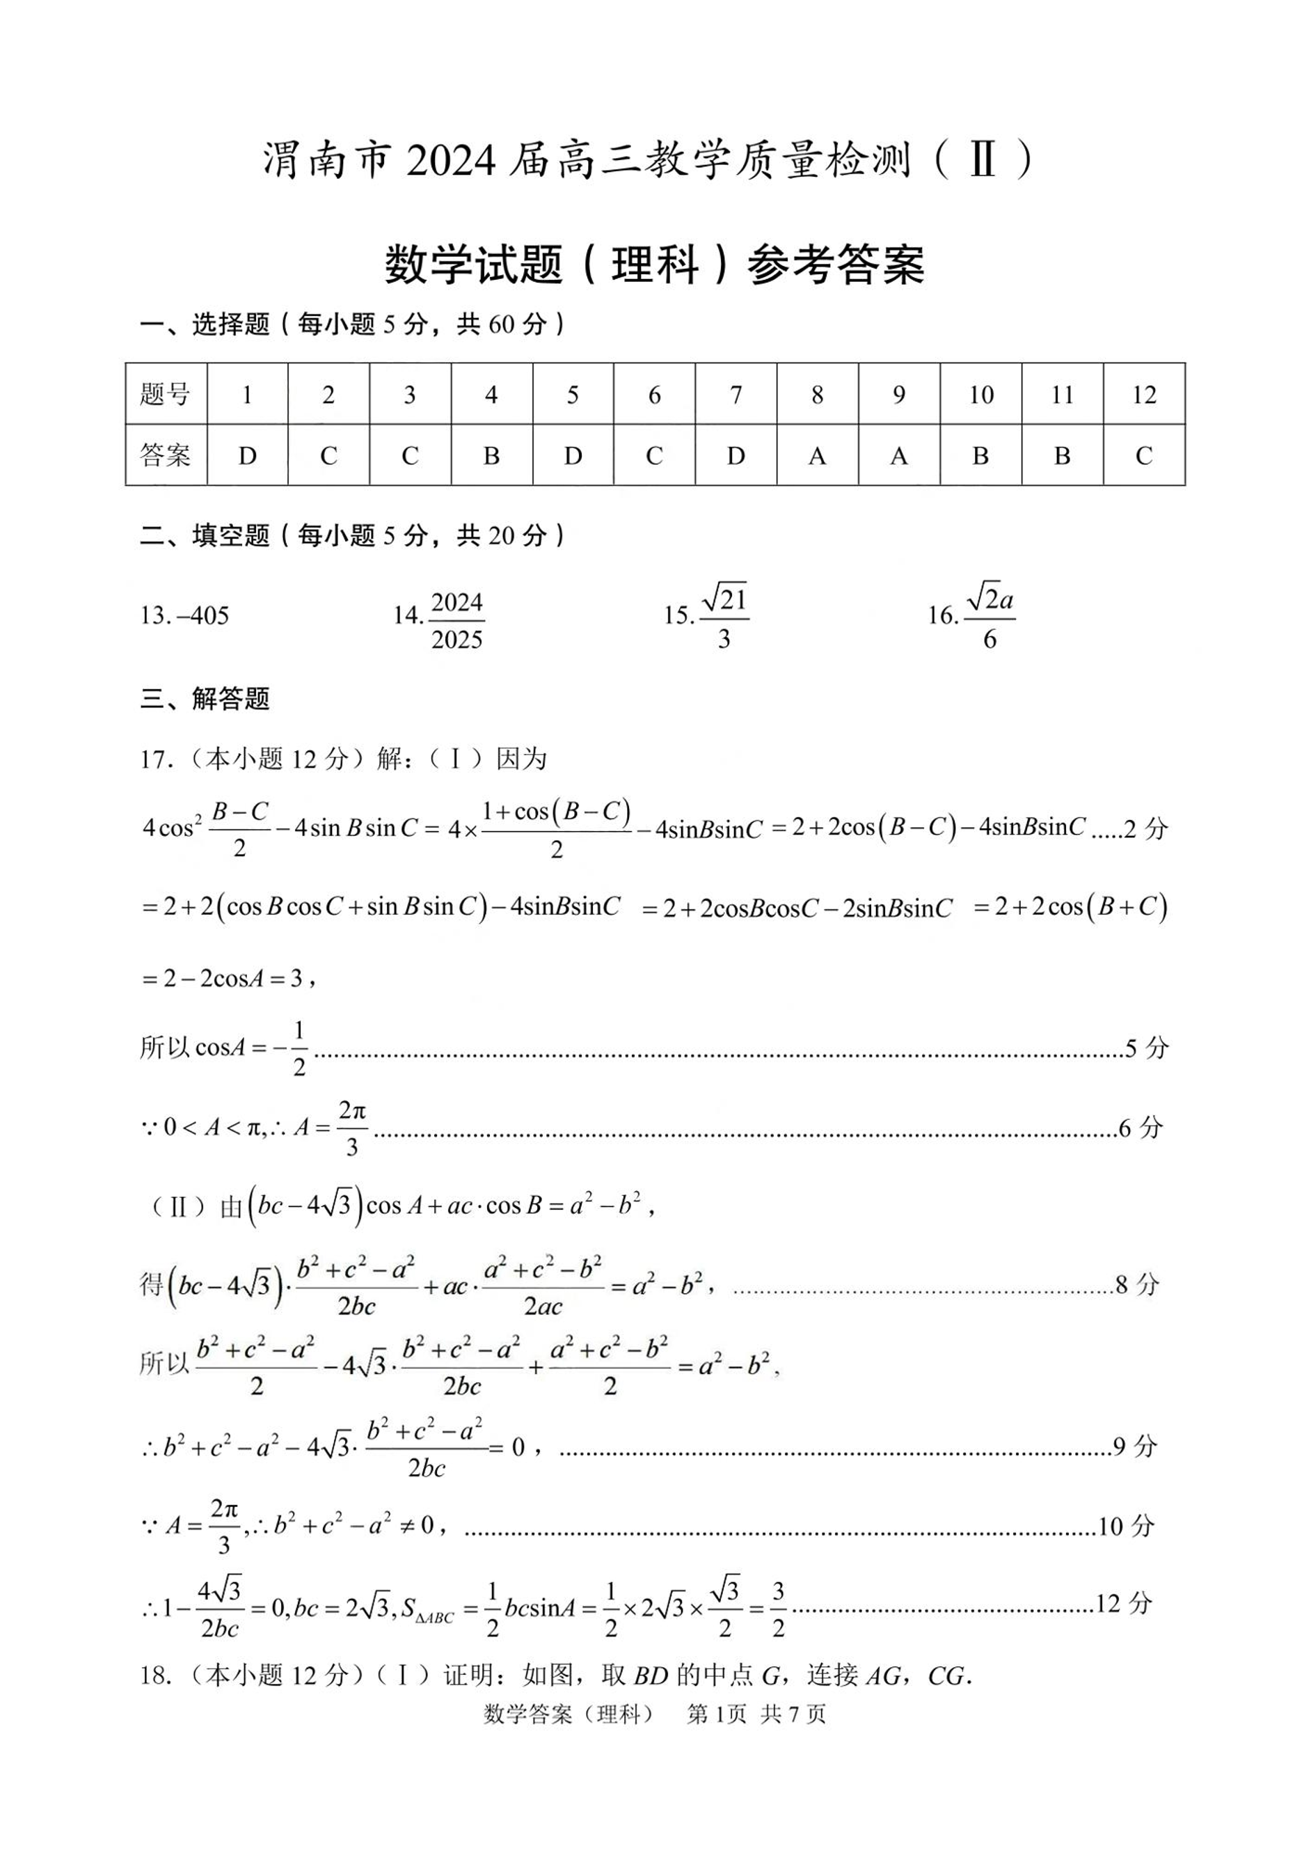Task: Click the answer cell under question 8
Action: [817, 455]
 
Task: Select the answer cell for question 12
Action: [1143, 455]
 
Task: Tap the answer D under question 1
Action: [247, 455]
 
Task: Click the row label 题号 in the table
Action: [166, 394]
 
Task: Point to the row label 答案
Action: [166, 455]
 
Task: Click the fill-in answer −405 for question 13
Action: [202, 615]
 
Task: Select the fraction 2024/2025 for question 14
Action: [457, 620]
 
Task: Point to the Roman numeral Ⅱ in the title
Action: [982, 160]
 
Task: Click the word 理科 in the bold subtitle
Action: [655, 264]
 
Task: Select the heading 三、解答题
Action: [205, 698]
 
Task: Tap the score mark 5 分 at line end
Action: [1146, 1048]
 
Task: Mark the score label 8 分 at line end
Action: [1136, 1284]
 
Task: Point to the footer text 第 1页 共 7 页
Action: [756, 1714]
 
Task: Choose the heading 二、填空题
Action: [205, 535]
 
